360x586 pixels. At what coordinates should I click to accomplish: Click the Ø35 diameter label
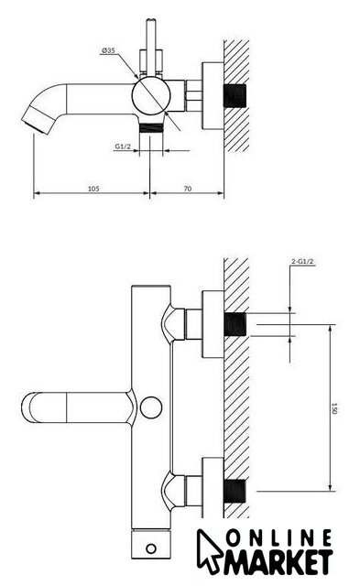coord(108,50)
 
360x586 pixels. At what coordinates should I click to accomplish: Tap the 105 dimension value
coord(93,189)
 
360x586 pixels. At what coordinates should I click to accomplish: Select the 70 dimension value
coord(187,189)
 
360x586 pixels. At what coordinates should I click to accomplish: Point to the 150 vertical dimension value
coord(334,408)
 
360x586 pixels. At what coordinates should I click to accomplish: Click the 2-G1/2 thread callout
coord(302,262)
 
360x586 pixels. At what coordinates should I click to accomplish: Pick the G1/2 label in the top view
coord(123,146)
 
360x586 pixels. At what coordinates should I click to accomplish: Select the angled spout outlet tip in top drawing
coord(37,120)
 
